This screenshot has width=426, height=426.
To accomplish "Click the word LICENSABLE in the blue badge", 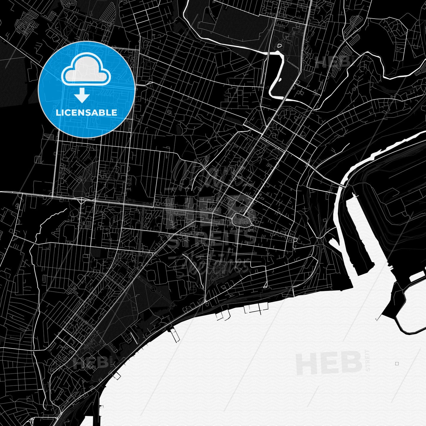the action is [x=86, y=113].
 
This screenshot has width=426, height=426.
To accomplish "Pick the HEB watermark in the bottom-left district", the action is [x=91, y=362].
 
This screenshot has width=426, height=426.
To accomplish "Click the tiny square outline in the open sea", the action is [x=397, y=364].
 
